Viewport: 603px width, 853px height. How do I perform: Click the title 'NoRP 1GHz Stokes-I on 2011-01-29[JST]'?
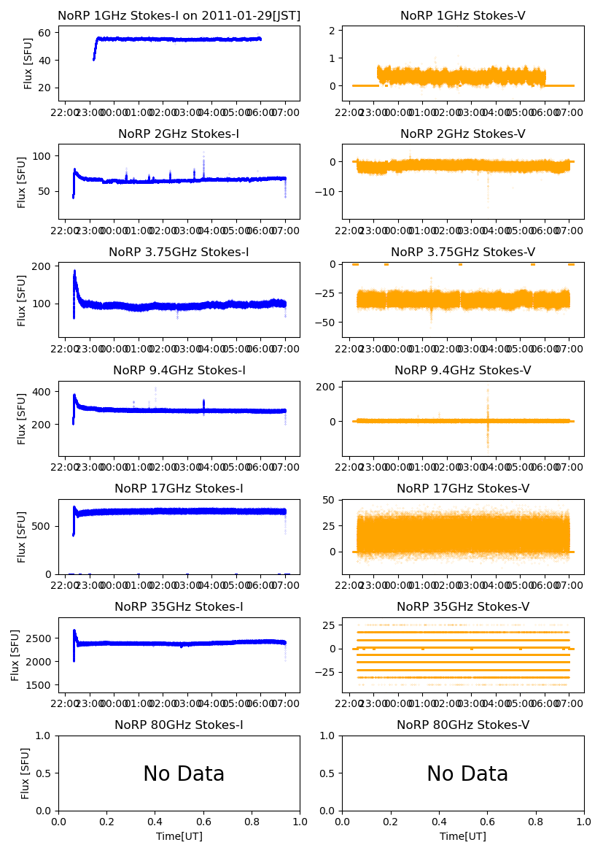[x=179, y=16]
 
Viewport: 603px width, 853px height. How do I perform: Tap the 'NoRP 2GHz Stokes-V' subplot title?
[x=463, y=134]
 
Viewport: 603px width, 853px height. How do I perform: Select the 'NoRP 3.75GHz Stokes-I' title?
[x=179, y=252]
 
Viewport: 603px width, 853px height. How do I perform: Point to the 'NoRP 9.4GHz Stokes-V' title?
[x=463, y=371]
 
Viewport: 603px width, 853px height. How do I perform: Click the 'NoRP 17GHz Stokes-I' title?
[x=179, y=489]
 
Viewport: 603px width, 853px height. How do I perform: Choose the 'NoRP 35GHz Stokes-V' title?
[x=463, y=607]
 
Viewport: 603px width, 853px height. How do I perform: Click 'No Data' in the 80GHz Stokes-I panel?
[x=184, y=774]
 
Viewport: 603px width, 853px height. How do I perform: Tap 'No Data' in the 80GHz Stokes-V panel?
[x=467, y=774]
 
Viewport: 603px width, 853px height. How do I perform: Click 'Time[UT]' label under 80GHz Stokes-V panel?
[x=463, y=836]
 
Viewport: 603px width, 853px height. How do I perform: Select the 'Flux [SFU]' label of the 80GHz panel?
[x=26, y=773]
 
